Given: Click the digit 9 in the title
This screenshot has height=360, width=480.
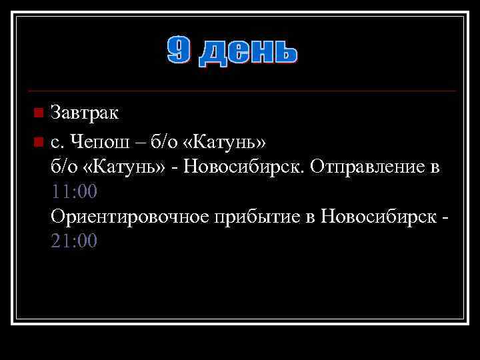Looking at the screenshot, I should [179, 51].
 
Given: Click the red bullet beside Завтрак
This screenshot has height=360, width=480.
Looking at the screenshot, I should [39, 111].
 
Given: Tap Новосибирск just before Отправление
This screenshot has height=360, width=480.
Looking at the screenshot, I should [247, 167].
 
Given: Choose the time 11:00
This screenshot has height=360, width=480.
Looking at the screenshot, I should [74, 192].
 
